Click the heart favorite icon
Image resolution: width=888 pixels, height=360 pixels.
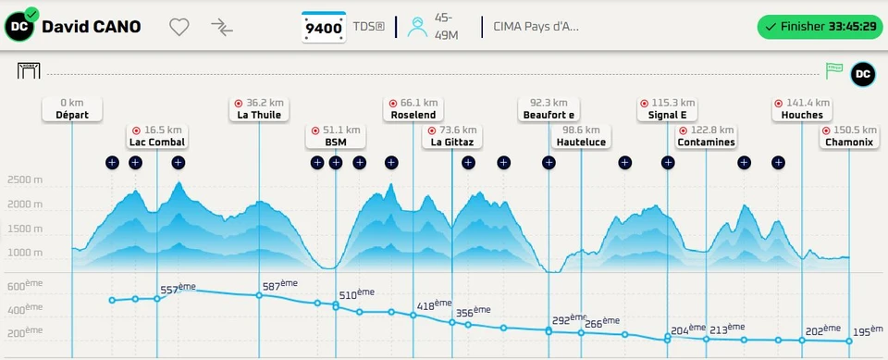click(x=179, y=27)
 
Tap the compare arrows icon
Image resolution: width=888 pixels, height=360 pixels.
click(x=222, y=27)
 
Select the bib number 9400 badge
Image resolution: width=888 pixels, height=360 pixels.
click(x=324, y=27)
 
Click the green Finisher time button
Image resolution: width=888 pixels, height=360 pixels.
click(x=820, y=27)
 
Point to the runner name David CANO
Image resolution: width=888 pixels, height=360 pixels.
click(x=92, y=27)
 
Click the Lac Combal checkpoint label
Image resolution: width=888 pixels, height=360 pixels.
click(x=157, y=136)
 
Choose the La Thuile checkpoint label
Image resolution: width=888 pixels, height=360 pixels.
click(x=259, y=109)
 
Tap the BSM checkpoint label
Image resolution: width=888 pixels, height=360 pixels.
click(x=335, y=136)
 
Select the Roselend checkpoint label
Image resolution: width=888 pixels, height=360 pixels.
click(x=413, y=109)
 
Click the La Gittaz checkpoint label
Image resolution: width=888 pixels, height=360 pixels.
click(x=452, y=136)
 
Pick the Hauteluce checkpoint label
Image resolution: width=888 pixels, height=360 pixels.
click(x=581, y=136)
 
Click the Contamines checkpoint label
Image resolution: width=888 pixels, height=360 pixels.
click(x=706, y=136)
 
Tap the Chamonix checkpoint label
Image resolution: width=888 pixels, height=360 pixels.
click(x=849, y=136)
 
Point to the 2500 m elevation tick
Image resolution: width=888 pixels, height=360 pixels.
click(x=24, y=180)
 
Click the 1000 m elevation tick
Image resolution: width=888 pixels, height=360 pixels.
click(x=24, y=253)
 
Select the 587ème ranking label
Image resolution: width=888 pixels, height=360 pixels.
click(x=280, y=285)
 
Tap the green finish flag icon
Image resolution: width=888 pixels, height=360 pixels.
click(x=833, y=71)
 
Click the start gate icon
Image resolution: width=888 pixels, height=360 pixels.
click(x=29, y=71)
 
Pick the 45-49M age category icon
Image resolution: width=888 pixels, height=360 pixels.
click(x=417, y=27)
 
